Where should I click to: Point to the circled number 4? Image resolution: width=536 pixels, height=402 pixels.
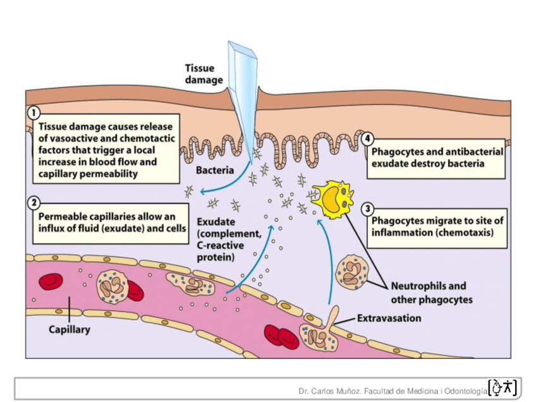pos(367,139)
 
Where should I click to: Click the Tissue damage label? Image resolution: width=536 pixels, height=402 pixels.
pos(204,74)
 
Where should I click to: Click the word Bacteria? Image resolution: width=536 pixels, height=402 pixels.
pos(215,171)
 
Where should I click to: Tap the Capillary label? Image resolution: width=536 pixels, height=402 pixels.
pos(70,329)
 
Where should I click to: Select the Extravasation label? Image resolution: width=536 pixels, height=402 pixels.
pos(389,318)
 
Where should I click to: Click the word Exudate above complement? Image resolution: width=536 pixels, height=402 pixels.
pos(216,222)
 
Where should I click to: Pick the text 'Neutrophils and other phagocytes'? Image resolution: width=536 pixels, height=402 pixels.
pos(432,293)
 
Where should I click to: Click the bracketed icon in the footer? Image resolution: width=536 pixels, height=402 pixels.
pos(503,387)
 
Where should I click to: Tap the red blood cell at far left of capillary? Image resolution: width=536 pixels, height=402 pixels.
pos(50,282)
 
